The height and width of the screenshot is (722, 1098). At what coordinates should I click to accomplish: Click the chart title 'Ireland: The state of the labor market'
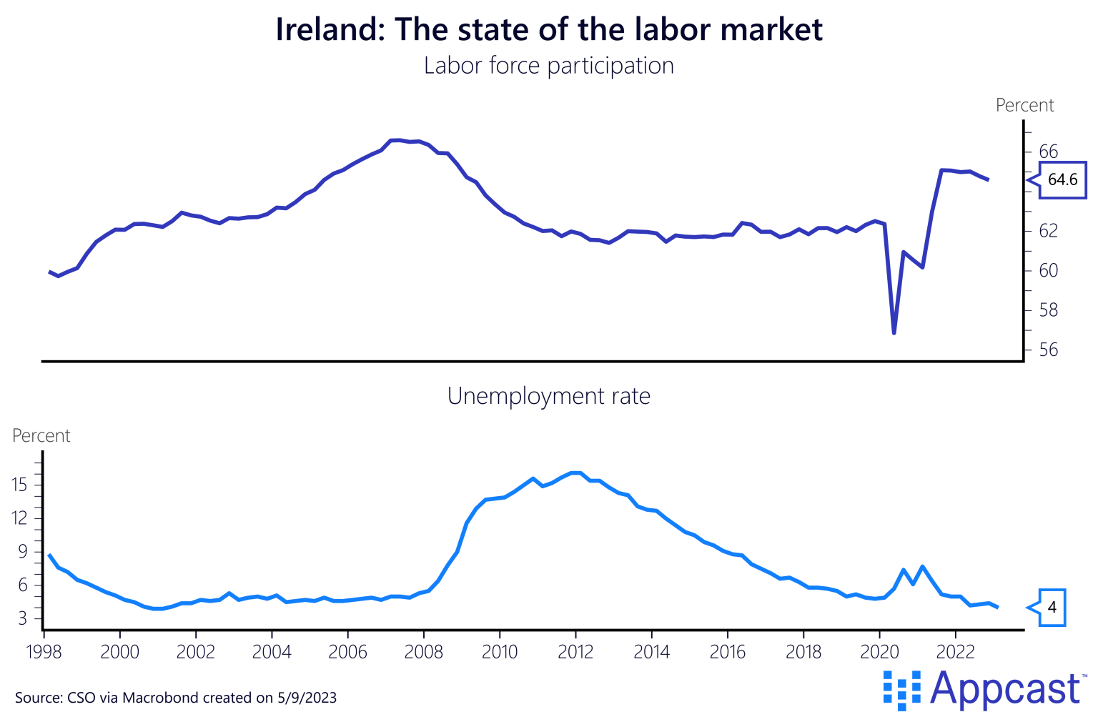(x=549, y=30)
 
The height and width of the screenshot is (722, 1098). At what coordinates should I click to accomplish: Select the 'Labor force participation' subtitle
(x=549, y=66)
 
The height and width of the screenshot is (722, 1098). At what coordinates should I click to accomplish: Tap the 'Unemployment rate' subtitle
(x=549, y=396)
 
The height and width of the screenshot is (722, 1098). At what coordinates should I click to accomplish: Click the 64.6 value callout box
(x=1062, y=179)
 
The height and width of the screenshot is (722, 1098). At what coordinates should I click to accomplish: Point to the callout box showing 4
(x=1052, y=608)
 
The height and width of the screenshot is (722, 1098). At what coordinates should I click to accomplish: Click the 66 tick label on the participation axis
(x=1048, y=152)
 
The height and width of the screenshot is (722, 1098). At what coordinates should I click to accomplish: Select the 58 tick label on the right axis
(x=1048, y=311)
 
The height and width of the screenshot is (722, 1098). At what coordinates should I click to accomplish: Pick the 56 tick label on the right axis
(x=1048, y=350)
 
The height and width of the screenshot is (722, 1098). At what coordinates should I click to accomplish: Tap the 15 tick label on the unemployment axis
(x=19, y=485)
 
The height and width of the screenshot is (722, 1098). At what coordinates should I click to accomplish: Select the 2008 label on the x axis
(x=424, y=653)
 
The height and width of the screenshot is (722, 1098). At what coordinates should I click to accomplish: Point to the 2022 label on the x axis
(x=955, y=653)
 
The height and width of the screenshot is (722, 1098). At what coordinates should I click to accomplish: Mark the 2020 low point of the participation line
(x=894, y=333)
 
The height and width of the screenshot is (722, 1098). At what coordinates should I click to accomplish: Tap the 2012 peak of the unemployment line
(x=576, y=473)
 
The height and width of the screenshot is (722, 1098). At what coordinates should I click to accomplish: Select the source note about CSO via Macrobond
(x=176, y=698)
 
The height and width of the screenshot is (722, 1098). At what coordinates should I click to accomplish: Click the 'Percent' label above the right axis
(x=1024, y=106)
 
